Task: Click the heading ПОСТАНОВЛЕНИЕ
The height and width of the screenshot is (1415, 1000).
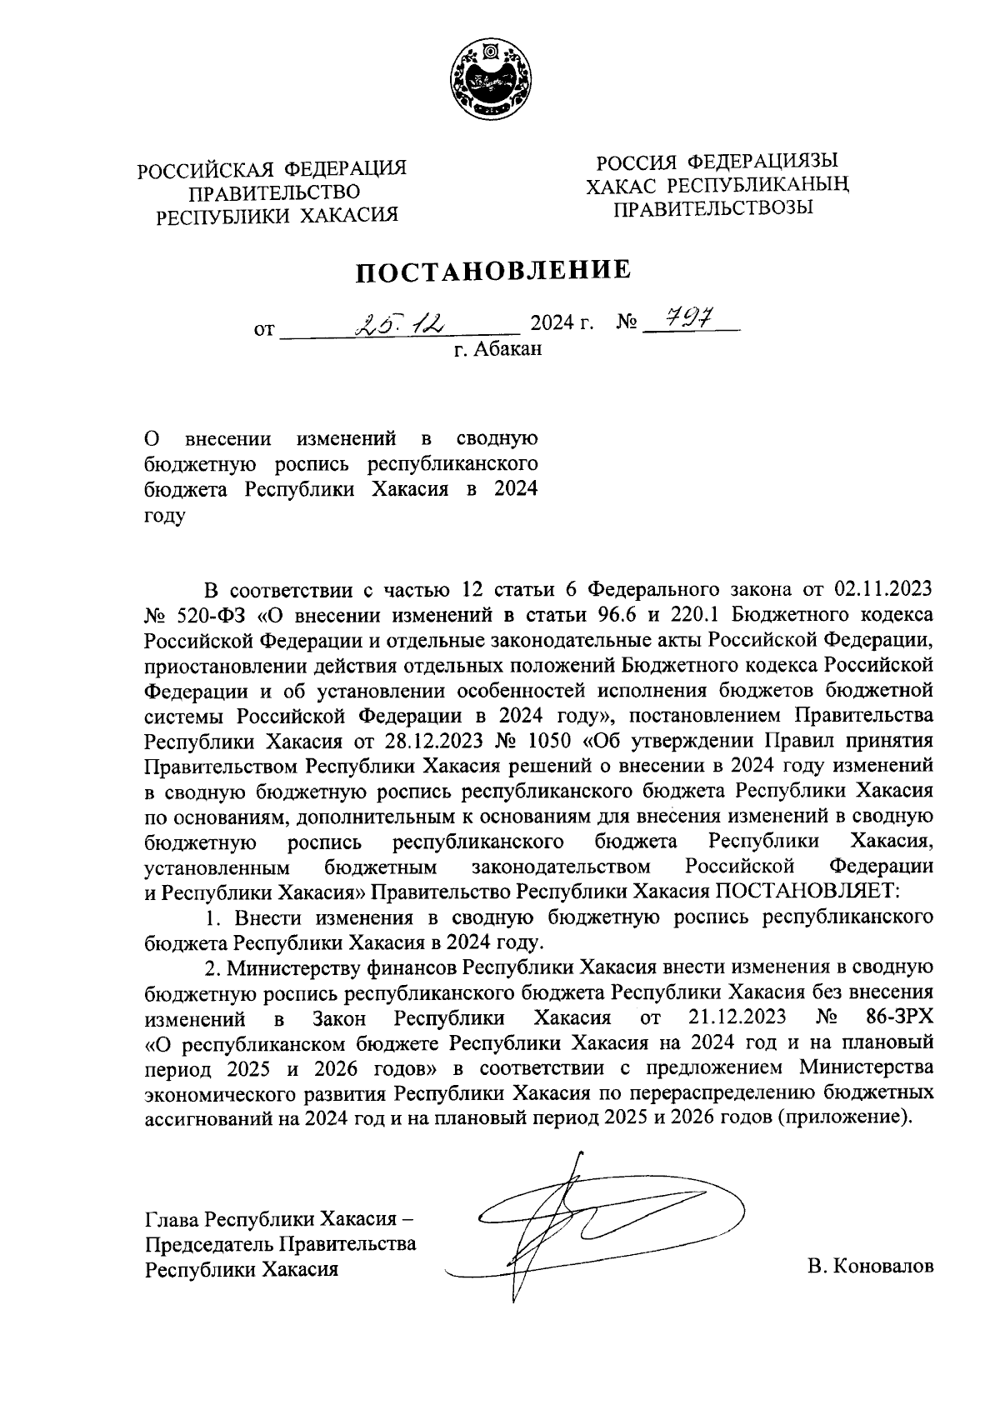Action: [x=494, y=271]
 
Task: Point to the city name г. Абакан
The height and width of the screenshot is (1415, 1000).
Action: [x=497, y=349]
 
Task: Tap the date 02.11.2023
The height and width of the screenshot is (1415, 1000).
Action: [x=882, y=590]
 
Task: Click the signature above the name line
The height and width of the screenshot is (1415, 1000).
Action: [x=583, y=1225]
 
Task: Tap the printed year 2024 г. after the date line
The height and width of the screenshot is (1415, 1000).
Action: [x=562, y=322]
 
